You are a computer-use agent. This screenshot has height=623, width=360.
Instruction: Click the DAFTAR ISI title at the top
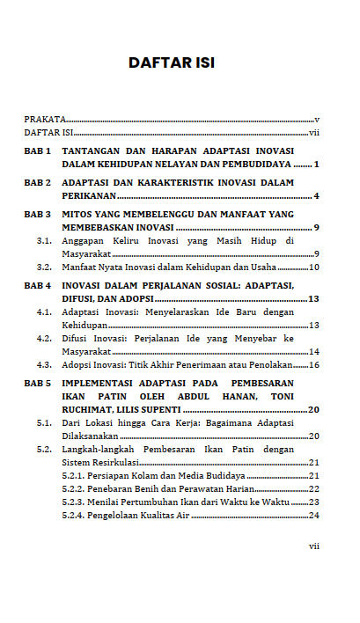coord(172,62)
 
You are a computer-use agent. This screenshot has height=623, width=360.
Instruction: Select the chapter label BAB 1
coord(37,151)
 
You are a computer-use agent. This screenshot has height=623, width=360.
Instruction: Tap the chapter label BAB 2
coord(37,182)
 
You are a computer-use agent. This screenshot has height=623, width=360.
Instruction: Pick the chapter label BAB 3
coord(37,214)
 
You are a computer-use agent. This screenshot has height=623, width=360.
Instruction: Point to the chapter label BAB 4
coord(37,286)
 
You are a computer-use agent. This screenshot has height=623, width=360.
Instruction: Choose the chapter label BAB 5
coord(37,384)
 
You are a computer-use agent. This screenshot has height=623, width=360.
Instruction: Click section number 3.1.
coord(43,240)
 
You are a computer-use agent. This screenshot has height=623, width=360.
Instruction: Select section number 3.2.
coord(43,267)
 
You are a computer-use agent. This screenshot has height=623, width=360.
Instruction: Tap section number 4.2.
coord(43,338)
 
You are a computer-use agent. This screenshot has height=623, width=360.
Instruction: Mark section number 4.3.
coord(43,364)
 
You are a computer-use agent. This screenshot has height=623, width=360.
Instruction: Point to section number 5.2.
coord(43,449)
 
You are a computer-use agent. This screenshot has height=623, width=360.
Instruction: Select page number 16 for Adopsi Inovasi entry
coord(313,364)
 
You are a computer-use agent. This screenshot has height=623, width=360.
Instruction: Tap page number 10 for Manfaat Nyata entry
coord(313,267)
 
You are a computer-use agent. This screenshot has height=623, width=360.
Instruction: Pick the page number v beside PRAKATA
coord(316,119)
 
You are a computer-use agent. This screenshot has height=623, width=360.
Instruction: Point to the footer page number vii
coord(313,546)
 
